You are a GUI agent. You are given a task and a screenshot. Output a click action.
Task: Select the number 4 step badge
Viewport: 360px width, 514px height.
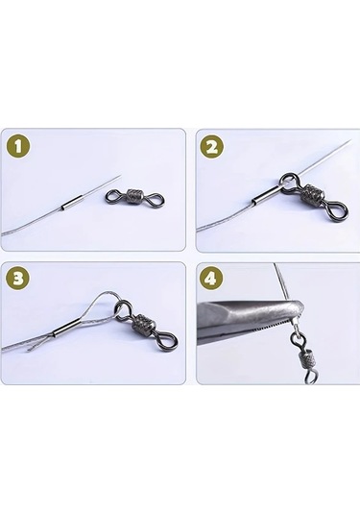(212, 280)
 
